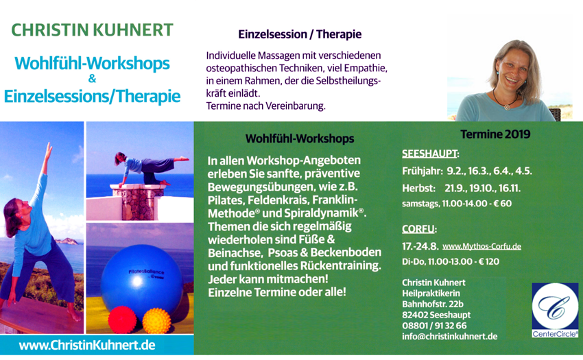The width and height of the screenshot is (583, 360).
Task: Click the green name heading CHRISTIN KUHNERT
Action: (x=92, y=30)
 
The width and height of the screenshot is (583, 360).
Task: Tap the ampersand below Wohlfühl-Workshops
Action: (x=92, y=79)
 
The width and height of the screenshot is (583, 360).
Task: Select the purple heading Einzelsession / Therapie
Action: (x=300, y=34)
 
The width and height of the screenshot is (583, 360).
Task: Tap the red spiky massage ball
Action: (x=122, y=320)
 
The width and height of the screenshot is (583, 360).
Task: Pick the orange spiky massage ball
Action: (x=156, y=321)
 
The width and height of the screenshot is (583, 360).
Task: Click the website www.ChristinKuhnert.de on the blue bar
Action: (x=87, y=345)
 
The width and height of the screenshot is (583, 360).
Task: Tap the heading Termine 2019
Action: (x=495, y=134)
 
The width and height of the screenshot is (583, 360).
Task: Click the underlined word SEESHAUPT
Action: (x=430, y=154)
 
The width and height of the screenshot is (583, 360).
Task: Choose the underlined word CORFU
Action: (x=418, y=229)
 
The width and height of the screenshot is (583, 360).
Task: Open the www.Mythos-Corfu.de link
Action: (x=481, y=246)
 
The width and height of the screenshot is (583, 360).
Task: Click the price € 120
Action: (x=488, y=261)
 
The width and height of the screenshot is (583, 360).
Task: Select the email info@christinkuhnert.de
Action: (x=449, y=337)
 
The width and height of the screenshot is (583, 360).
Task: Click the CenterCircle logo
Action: (x=555, y=310)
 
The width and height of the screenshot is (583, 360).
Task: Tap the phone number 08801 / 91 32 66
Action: (x=434, y=326)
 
